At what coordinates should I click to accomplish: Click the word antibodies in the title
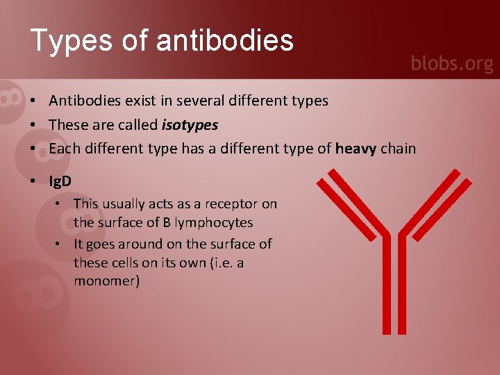pos(225,40)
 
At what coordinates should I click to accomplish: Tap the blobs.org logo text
pos(451,65)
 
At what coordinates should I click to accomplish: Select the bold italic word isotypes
pos(190,125)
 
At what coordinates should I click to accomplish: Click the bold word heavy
pos(356,148)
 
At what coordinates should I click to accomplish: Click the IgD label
pos(60,181)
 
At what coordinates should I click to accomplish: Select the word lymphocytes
pos(215,223)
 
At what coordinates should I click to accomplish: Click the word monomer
pos(106,281)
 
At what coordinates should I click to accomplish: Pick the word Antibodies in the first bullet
pos(85,101)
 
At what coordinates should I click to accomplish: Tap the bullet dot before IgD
pos(33,181)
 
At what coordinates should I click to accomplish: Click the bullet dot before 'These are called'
pos(33,125)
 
